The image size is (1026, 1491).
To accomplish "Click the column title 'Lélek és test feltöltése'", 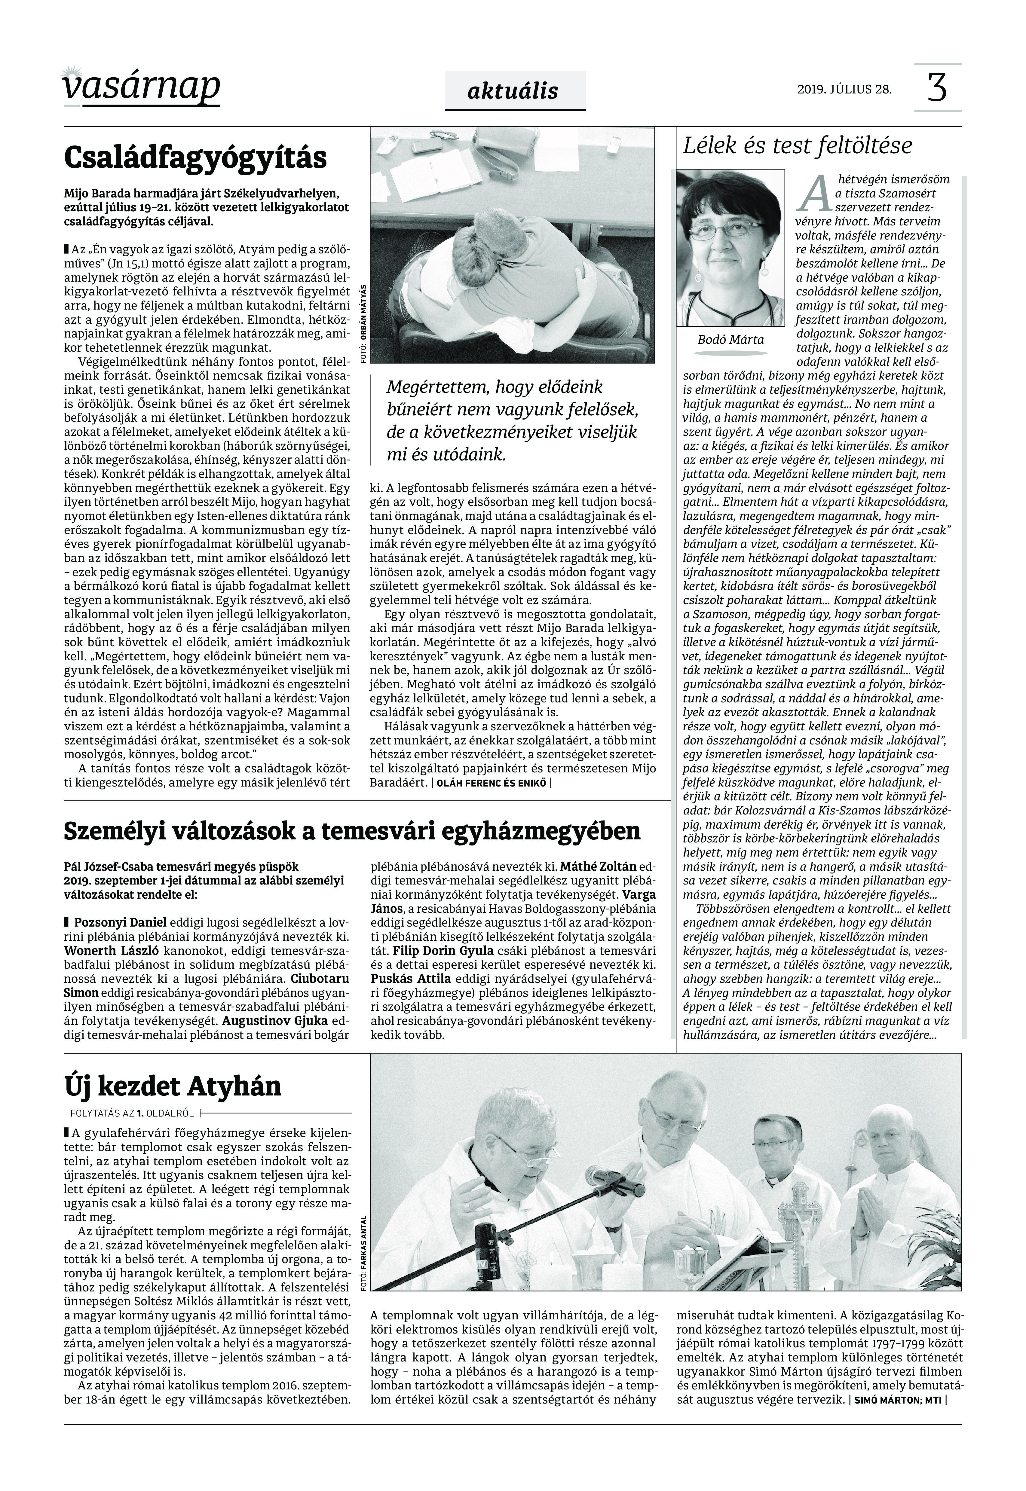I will [x=797, y=146].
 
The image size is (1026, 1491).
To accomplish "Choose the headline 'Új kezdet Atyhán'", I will [x=172, y=1086].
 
